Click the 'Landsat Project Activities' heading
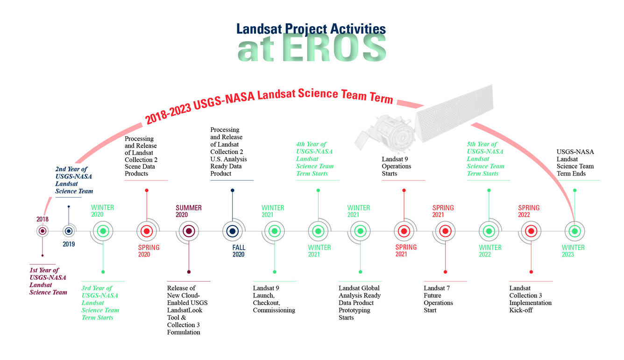pos(311,28)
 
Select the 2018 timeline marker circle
pos(43,231)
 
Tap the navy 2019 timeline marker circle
pos(69,231)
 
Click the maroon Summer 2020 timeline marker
pos(189,231)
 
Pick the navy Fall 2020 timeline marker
pos(232,231)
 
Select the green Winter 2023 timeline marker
pos(574,231)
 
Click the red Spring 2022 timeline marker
pos(531,231)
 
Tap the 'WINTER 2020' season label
pos(102,211)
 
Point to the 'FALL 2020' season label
pos(239,251)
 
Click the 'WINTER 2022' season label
pos(490,251)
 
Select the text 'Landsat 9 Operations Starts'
pos(397,166)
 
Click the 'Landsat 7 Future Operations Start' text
pos(438,299)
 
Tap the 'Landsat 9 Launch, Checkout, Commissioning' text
pos(274,299)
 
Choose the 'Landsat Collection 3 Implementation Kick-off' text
pos(530,299)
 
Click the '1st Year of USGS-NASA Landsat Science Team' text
pos(48,281)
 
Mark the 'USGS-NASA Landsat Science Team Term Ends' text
pos(575,162)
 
